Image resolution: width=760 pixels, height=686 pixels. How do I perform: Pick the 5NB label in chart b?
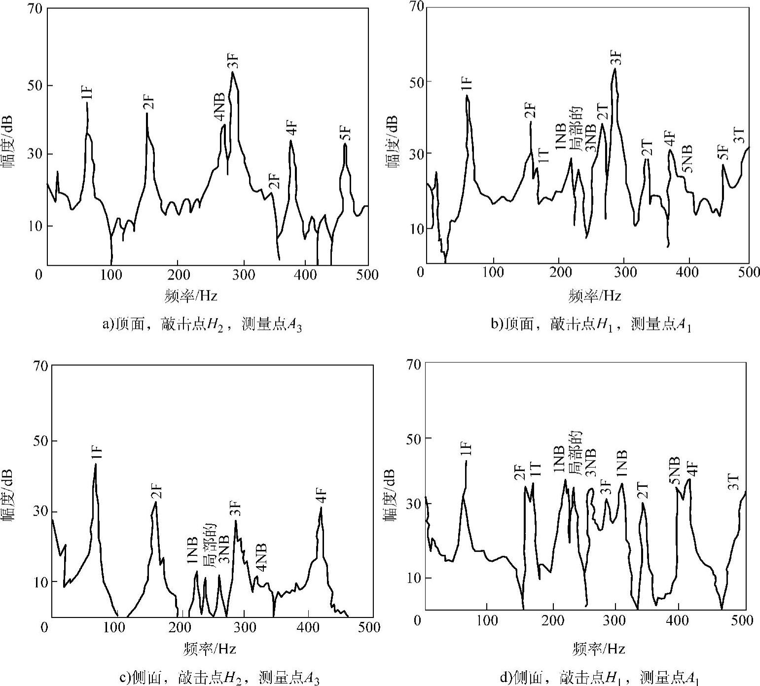(687, 159)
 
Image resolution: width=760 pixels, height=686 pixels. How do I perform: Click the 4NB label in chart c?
(261, 557)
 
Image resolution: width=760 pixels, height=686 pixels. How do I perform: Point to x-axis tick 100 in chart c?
(115, 627)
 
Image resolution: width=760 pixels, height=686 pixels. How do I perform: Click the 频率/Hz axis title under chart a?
(191, 296)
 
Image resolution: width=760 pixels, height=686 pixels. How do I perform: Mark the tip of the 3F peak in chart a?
(232, 72)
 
